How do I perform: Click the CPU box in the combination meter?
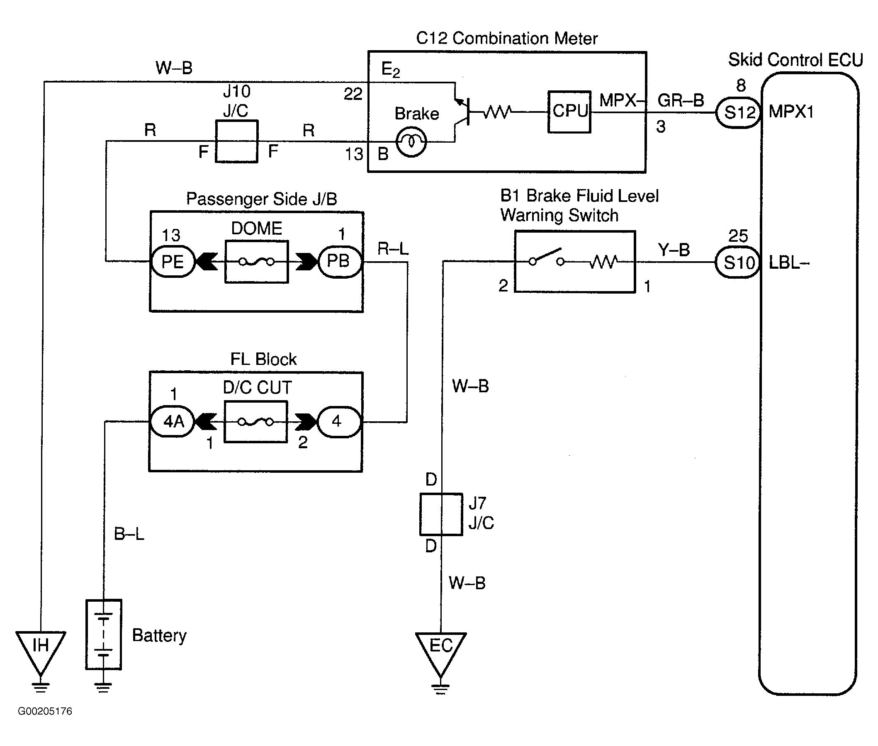click(569, 112)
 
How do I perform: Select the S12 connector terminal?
click(738, 112)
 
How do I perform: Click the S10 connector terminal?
click(738, 262)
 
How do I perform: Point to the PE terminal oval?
click(173, 261)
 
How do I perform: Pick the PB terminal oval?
click(339, 261)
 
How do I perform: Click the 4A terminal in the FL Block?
click(173, 422)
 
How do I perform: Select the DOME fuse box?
click(257, 262)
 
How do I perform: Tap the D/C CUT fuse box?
click(256, 422)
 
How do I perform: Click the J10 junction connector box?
click(236, 141)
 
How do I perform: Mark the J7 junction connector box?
click(441, 514)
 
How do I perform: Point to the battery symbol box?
click(104, 634)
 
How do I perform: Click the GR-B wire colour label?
click(681, 101)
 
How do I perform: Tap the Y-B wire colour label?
click(674, 250)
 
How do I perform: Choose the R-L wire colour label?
click(393, 249)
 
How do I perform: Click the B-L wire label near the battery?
click(129, 534)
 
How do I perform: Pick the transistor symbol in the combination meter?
click(462, 112)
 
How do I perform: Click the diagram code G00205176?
click(45, 711)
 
